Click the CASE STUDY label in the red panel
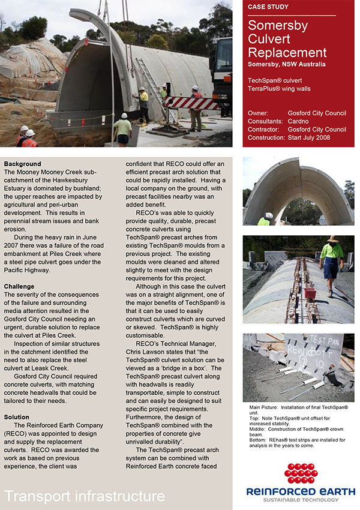coord(268,7)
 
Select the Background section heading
coord(22,164)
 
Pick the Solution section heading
coord(16,417)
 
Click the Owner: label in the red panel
coord(260,112)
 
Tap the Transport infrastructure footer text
coord(85,496)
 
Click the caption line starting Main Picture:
coord(298,407)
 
